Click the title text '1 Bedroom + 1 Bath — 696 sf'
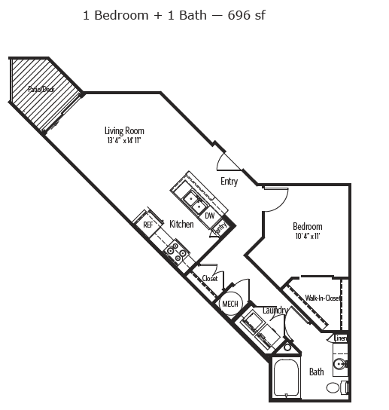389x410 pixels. point(175,14)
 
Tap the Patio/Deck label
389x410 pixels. point(41,89)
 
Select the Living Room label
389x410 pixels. point(124,130)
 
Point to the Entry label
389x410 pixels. point(229,182)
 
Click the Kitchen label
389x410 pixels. point(181,224)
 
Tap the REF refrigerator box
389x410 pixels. point(148,224)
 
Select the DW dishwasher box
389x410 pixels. point(210,216)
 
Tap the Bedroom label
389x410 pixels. point(307,226)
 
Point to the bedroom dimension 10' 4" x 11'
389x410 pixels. point(307,236)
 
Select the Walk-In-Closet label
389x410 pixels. point(323,298)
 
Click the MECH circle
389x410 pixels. point(229,304)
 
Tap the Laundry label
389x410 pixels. point(275,310)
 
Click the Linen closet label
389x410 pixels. point(341,338)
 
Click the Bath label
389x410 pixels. point(316,372)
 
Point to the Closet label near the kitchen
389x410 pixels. point(210,278)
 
